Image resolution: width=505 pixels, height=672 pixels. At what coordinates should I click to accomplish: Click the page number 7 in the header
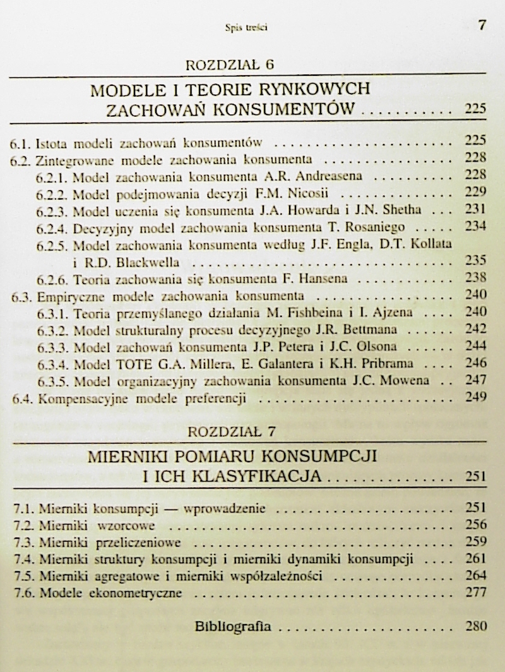point(482,25)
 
